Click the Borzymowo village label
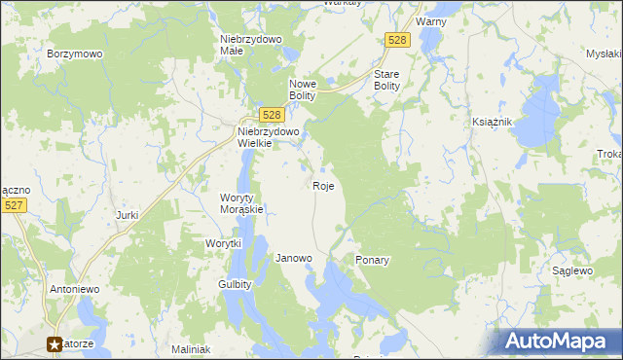pyautogui.click(x=75, y=54)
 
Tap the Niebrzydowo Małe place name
pyautogui.click(x=250, y=45)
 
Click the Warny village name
pyautogui.click(x=430, y=20)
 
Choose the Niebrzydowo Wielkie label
pyautogui.click(x=269, y=137)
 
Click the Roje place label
pyautogui.click(x=324, y=185)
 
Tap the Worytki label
pyautogui.click(x=223, y=243)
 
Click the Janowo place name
pyautogui.click(x=294, y=259)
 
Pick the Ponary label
pyautogui.click(x=373, y=261)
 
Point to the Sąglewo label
pyautogui.click(x=572, y=270)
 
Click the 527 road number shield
pyautogui.click(x=14, y=205)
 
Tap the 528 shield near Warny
pyautogui.click(x=397, y=39)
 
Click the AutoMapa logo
pyautogui.click(x=559, y=342)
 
